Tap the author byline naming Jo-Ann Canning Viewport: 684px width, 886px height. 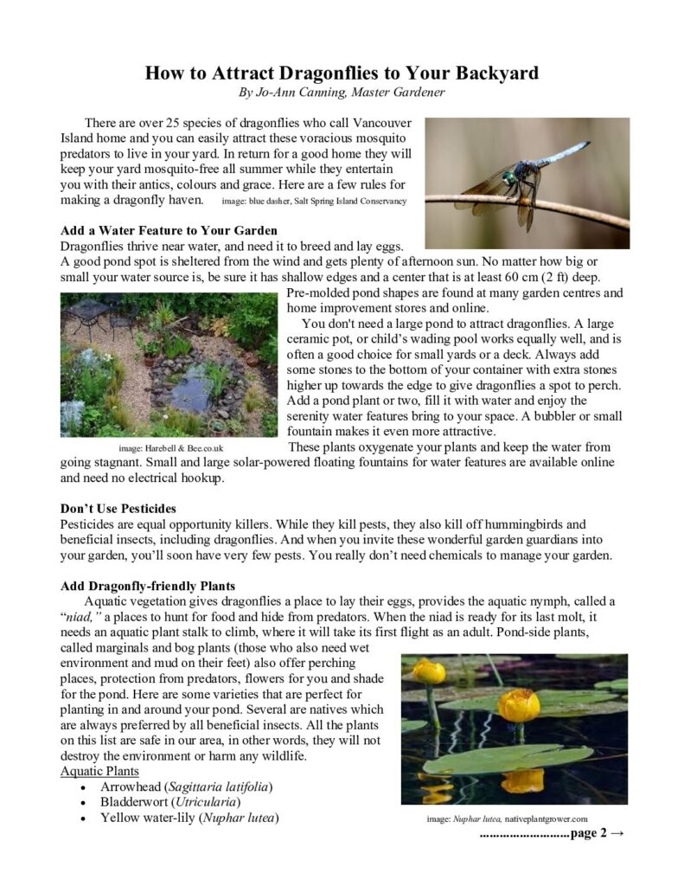342,91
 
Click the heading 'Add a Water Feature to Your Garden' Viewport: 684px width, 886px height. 169,230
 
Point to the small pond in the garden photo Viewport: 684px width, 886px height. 188,389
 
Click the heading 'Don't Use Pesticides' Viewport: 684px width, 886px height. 118,508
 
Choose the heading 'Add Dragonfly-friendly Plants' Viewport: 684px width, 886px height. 148,586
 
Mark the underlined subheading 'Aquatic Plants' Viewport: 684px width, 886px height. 99,771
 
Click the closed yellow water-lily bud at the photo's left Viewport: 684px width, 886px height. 428,671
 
